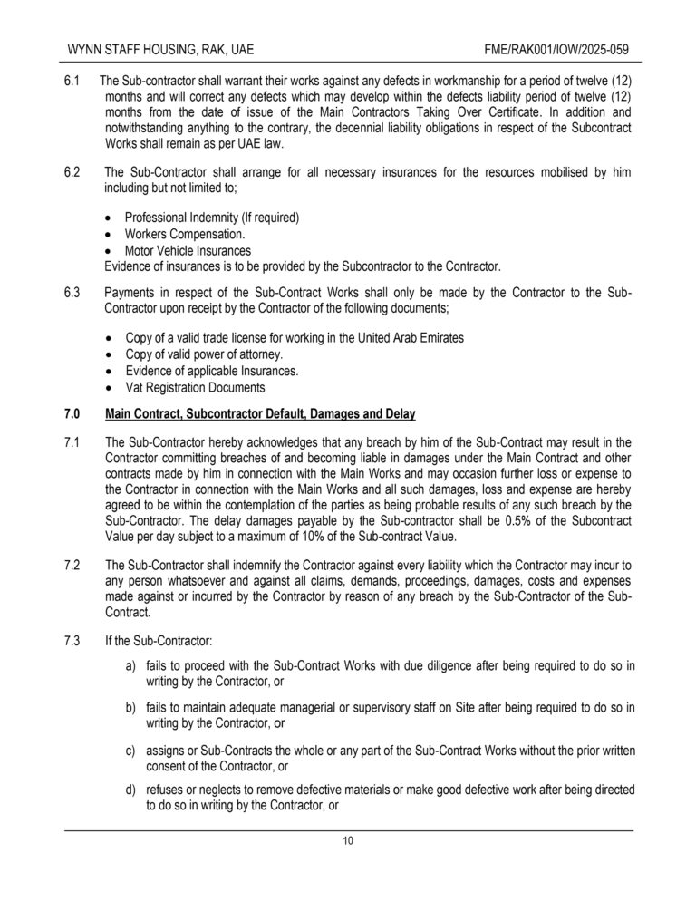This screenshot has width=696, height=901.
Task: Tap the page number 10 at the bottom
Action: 348,840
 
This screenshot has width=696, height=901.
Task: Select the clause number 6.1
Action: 72,82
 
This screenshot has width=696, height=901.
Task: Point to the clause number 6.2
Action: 72,171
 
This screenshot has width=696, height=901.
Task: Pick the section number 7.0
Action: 72,414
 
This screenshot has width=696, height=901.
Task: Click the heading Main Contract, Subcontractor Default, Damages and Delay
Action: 260,414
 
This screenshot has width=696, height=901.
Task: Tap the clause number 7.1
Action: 72,442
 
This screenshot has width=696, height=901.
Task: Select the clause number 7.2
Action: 72,565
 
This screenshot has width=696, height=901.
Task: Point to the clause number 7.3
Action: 72,641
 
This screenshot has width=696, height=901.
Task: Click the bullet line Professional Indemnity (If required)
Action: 212,218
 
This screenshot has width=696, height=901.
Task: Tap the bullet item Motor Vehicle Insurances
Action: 188,250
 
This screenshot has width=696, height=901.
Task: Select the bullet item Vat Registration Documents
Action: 196,387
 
